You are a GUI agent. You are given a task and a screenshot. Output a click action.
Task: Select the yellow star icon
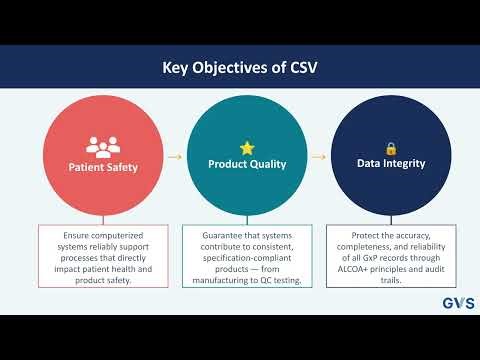click(247, 148)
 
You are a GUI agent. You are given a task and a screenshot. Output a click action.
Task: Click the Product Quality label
click(247, 163)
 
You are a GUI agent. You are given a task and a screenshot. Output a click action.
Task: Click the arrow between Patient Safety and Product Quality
click(174, 157)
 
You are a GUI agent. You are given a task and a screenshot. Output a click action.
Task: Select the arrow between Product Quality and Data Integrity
click(320, 157)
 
